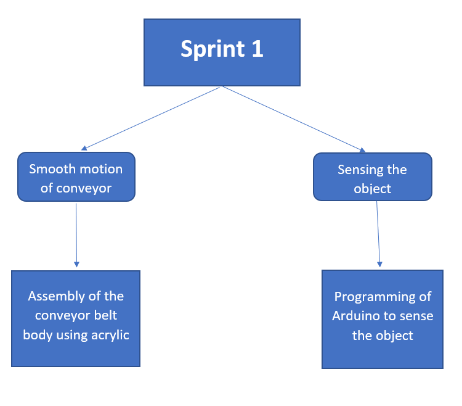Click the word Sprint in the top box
point(213,49)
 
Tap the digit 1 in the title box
point(257,48)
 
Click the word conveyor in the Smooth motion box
point(84,189)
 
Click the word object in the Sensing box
point(373,189)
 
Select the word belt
point(105,315)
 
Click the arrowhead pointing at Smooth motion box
point(84,149)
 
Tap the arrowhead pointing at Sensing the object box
point(362,150)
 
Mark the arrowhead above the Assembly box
point(76,264)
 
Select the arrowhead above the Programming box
point(380,264)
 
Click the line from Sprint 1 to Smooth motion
point(152,118)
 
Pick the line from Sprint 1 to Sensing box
point(293,119)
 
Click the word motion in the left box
point(101,169)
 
